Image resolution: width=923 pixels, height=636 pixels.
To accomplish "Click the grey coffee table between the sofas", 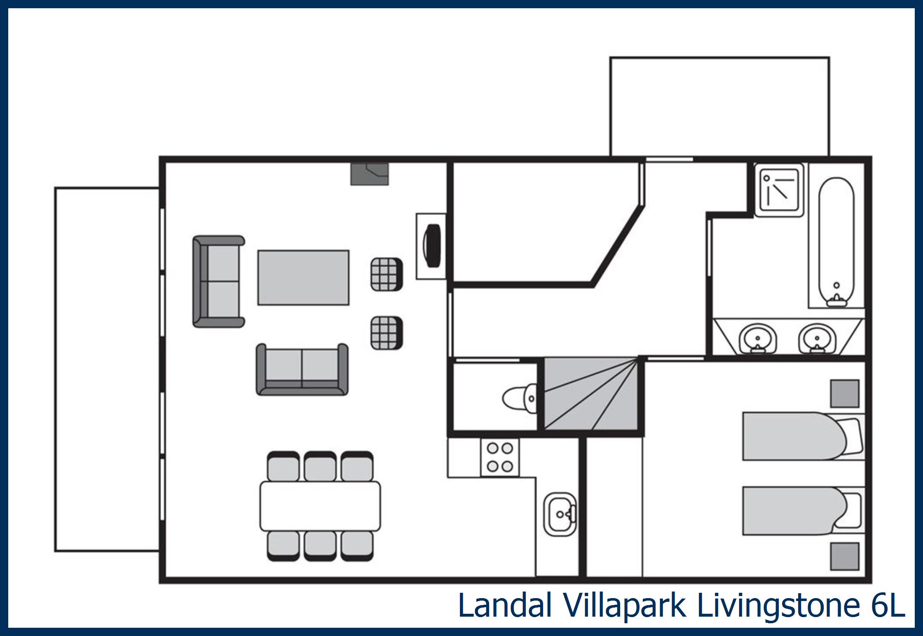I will coord(303,277).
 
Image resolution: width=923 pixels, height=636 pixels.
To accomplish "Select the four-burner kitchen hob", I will coord(500,457).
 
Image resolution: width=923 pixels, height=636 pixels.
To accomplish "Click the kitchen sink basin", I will coord(560,514).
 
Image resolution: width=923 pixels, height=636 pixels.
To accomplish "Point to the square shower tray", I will coord(779,190).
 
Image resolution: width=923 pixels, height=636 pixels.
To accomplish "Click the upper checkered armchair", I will coord(386,275).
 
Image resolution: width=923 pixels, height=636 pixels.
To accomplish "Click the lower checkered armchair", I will coord(386,333).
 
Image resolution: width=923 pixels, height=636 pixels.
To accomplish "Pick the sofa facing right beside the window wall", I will coord(218,282).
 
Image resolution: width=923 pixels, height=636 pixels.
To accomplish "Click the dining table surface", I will coord(320,506).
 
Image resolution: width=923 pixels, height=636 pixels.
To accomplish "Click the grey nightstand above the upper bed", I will coord(845,394).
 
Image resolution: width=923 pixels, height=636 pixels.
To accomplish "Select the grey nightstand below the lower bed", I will coord(845,557).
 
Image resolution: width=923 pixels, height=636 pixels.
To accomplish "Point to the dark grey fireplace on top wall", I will coord(369,174).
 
